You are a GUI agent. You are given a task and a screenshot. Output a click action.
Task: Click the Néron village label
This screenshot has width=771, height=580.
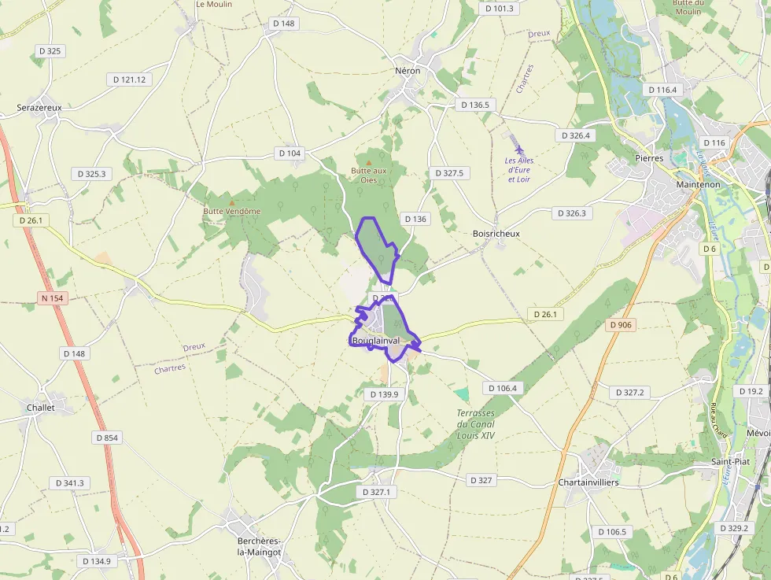point(408,71)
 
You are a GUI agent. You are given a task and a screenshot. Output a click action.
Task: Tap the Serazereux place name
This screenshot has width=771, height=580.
point(39,107)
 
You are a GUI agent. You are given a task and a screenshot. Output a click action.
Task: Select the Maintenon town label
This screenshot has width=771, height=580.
point(698,184)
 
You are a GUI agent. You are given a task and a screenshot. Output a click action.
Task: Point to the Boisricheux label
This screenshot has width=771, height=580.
point(496,234)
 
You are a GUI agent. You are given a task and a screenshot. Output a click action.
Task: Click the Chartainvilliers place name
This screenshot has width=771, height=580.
point(588,482)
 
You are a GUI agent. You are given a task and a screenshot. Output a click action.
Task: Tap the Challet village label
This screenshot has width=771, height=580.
point(41,408)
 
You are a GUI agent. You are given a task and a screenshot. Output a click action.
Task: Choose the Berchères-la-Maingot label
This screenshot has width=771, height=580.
point(259,546)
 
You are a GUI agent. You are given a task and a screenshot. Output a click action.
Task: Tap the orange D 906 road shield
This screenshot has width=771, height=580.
point(621,324)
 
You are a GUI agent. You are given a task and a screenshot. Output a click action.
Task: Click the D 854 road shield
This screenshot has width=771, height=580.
point(107,438)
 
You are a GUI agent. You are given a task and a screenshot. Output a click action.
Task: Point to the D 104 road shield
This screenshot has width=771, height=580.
point(289,153)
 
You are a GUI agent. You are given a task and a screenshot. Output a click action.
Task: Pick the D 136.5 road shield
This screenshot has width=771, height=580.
point(474,105)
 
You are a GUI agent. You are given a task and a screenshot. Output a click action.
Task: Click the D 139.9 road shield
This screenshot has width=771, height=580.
point(384,394)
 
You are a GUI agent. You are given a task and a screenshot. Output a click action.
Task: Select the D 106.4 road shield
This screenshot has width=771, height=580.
point(503,388)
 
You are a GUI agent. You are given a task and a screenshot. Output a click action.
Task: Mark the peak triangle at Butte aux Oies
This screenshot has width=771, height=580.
point(368,161)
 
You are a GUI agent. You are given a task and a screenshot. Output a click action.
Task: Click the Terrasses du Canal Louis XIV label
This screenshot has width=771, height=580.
point(476,424)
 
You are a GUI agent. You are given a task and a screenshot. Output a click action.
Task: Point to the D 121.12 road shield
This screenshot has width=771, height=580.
point(130,79)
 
